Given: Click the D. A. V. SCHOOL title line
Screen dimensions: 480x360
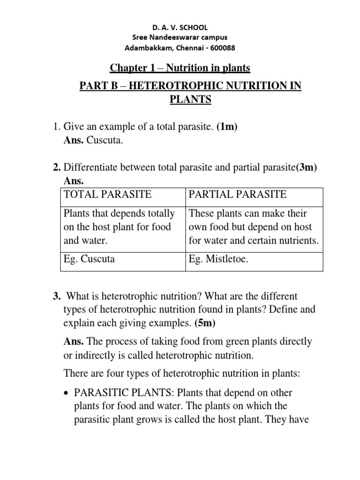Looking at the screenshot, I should pos(180,28).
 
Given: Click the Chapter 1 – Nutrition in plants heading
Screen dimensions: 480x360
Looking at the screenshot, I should pos(180,68).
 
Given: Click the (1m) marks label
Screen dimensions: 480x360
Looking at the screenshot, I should pos(229,126).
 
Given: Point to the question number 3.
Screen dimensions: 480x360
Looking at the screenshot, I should pos(57,296).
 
